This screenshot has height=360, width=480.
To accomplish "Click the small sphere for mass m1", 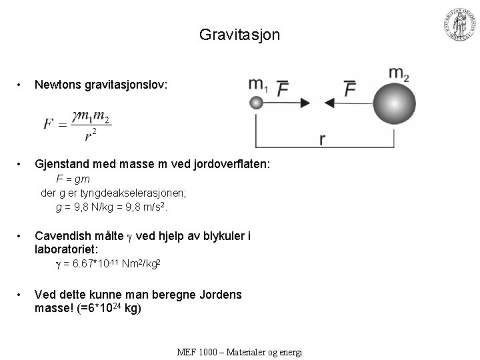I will point(256,103).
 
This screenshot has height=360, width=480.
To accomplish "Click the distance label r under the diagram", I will point(323,139).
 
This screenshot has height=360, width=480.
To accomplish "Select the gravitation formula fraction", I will point(89,125).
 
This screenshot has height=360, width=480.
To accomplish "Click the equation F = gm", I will point(73,179).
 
